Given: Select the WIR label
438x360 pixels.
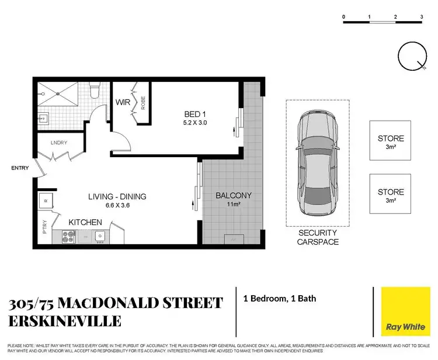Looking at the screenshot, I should tap(123, 103).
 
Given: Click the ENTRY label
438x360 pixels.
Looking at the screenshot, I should tap(20, 168).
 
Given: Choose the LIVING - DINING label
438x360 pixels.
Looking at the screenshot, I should tap(117, 196).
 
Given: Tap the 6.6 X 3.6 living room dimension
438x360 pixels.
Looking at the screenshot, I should tap(117, 206).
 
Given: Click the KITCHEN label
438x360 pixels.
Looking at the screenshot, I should tap(86, 223).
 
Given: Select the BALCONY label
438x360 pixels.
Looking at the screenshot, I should tap(233, 196).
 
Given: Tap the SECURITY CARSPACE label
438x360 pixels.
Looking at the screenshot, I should tap(318, 237).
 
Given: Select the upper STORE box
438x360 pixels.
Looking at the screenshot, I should tap(390, 141).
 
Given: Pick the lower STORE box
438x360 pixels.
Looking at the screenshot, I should tap(390, 195).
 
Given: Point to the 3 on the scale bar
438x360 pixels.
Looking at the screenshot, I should tap(421, 17).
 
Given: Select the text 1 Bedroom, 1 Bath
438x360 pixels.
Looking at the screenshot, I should tap(279, 299).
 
